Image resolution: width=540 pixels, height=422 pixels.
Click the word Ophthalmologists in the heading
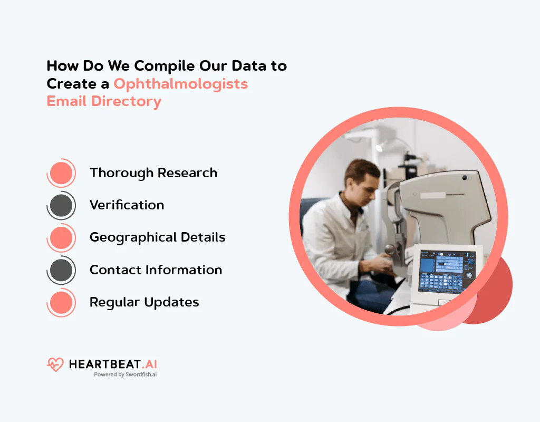click(x=181, y=83)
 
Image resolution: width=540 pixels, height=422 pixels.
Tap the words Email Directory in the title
click(x=104, y=101)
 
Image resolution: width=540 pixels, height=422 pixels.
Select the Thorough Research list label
click(x=153, y=173)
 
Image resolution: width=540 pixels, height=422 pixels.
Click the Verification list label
click(x=127, y=205)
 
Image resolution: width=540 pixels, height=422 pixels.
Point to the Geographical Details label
click(x=157, y=237)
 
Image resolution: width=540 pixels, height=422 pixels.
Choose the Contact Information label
click(x=156, y=270)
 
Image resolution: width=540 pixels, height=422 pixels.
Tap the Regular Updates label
click(x=144, y=302)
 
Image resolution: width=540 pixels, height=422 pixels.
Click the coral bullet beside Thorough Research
click(x=61, y=173)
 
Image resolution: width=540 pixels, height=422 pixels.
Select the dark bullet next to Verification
click(x=61, y=205)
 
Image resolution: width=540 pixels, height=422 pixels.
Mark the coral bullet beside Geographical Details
click(x=61, y=238)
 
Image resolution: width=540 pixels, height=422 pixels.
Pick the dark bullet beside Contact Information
click(x=61, y=270)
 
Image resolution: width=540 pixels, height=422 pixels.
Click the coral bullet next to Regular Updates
click(x=61, y=302)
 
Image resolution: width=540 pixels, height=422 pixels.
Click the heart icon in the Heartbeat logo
click(x=55, y=365)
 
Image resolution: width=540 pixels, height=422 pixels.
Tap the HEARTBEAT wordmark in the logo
click(x=104, y=364)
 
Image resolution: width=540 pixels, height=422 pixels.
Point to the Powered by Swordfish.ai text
click(x=125, y=375)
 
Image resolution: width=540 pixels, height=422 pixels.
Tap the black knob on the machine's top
click(x=465, y=178)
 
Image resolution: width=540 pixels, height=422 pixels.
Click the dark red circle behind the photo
click(x=496, y=295)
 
